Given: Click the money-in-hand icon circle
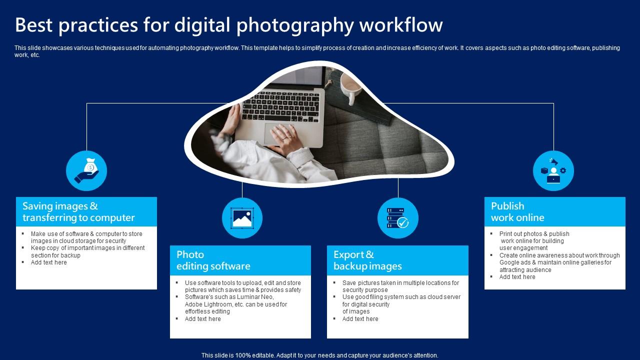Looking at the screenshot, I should point(86,170).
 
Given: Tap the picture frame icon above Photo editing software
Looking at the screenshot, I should point(242,218).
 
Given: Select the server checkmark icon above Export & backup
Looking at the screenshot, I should point(398,218).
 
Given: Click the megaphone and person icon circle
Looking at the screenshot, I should point(553,170).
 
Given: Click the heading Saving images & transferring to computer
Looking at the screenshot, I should point(78,211).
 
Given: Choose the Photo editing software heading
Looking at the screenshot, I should point(213,260).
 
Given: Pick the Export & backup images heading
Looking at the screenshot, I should point(367,260).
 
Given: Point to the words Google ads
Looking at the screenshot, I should point(517,262).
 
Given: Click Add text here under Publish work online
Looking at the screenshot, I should point(517,277).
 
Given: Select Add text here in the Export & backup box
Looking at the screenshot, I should point(360,319).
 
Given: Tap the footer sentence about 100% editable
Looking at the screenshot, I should point(319,355).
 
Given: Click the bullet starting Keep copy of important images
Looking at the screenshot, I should point(87,248).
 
